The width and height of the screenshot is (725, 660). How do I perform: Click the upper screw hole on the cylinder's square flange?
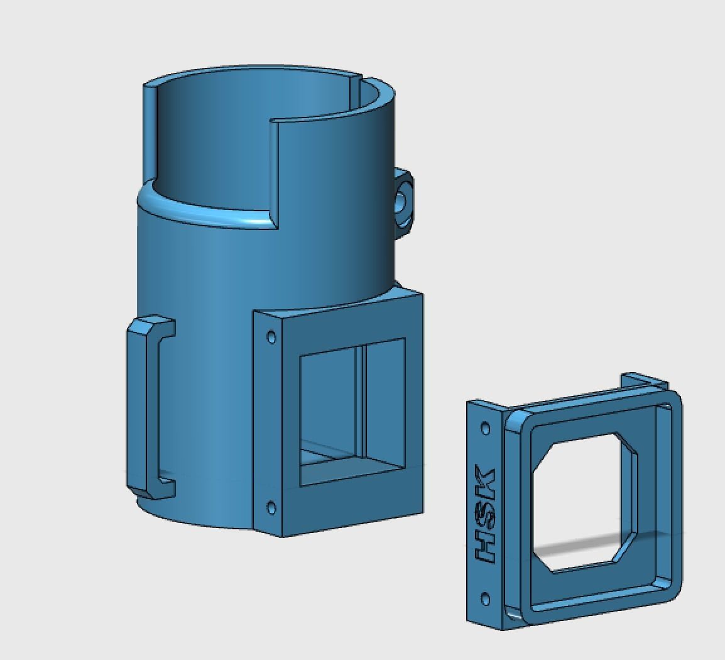[x=271, y=337]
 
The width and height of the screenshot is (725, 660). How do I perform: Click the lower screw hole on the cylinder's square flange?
[x=271, y=507]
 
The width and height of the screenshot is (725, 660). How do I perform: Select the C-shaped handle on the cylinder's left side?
[x=139, y=409]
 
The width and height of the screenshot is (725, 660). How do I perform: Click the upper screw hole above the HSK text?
[x=485, y=429]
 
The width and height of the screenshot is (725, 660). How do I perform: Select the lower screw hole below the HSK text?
[x=485, y=598]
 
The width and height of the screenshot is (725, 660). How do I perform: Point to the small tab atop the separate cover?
[x=643, y=381]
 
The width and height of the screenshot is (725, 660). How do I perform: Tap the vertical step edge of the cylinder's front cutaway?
[x=274, y=170]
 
